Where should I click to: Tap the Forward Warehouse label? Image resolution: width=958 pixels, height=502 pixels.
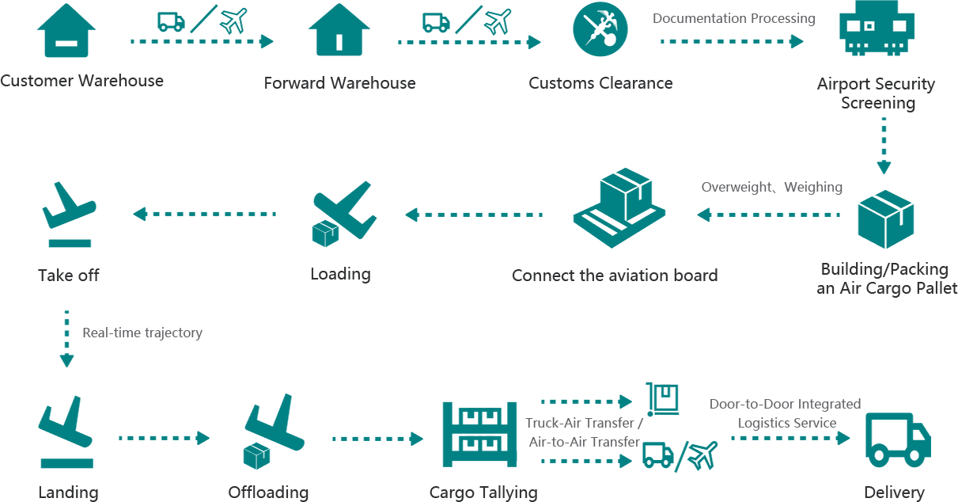[339, 83]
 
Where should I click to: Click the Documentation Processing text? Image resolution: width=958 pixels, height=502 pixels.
[733, 18]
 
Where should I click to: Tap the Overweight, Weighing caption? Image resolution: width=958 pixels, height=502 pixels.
[771, 188]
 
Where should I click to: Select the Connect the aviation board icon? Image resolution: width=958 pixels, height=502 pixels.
[618, 209]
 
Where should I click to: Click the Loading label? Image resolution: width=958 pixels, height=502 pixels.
[339, 274]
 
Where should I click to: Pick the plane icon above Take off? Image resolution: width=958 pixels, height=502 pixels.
[69, 213]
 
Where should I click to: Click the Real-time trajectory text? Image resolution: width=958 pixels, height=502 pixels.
[142, 333]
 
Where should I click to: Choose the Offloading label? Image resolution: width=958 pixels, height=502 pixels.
[268, 492]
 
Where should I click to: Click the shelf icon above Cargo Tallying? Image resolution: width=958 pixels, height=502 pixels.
[483, 435]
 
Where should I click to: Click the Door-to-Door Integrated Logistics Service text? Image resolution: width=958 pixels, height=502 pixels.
[786, 413]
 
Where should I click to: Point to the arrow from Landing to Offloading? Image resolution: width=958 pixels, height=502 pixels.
[165, 438]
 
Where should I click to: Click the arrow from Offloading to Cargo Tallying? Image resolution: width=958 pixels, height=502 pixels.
[378, 438]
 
